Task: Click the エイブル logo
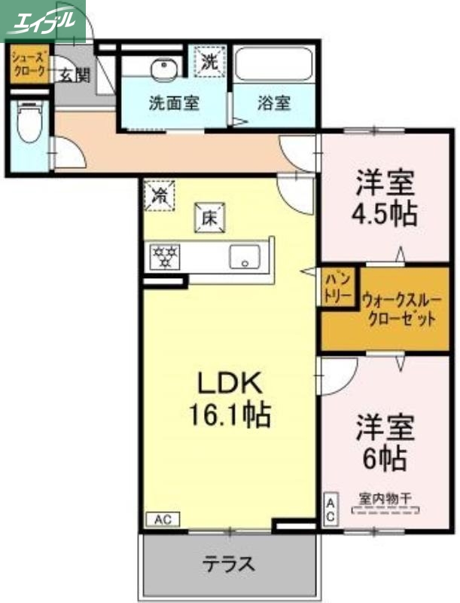(43, 19)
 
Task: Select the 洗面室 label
(174, 103)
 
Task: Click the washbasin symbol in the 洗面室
(162, 70)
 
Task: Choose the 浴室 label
(276, 103)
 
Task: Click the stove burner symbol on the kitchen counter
(164, 257)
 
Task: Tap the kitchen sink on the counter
(245, 256)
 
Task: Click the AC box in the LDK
(163, 519)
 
